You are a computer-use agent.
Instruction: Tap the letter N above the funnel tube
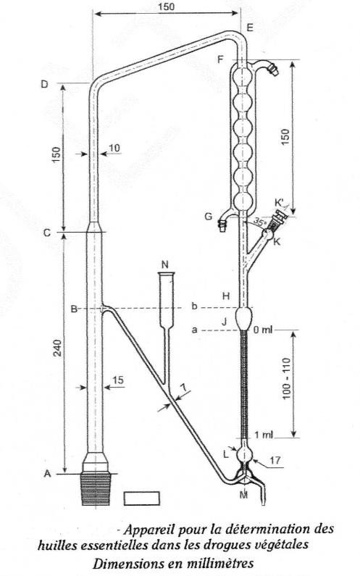click(x=165, y=264)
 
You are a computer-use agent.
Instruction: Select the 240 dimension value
click(x=58, y=348)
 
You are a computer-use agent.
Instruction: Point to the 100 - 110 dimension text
click(x=287, y=378)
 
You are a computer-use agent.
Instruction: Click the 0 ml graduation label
click(x=263, y=330)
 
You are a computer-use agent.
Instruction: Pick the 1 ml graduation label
click(x=264, y=435)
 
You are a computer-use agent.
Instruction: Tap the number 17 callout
click(x=276, y=460)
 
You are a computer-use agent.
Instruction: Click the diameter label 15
click(x=118, y=380)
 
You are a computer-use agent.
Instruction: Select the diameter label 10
click(x=114, y=148)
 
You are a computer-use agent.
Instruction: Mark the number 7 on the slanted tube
click(x=184, y=386)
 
